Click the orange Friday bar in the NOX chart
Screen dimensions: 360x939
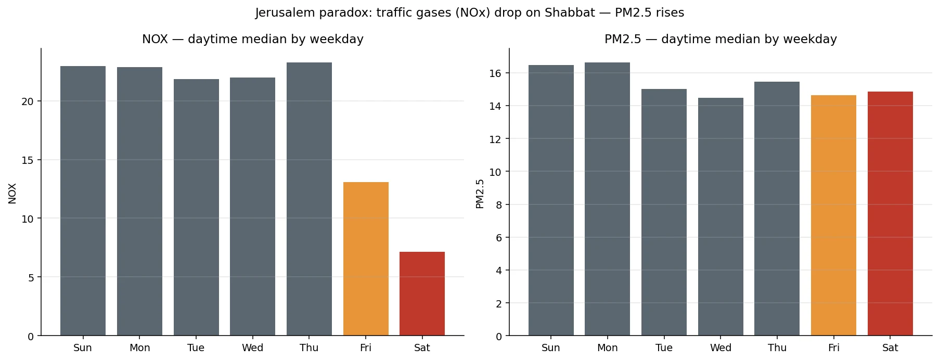366,259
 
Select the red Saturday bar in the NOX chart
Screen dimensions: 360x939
422,293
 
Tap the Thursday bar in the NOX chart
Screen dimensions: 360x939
309,199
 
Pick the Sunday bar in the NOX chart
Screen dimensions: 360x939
83,201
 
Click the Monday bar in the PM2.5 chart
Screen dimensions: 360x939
607,199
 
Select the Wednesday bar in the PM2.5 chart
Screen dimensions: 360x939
721,216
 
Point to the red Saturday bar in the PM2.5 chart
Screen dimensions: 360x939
890,213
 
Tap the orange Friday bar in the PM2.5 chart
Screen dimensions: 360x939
833,215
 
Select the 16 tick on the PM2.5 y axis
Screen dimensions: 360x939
495,73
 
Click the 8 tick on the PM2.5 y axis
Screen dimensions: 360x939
498,205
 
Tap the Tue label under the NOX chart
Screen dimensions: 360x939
196,348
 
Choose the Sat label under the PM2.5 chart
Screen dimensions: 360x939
890,348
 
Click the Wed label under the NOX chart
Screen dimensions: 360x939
252,348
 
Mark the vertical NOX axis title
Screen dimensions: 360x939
12,193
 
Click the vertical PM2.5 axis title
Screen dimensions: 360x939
480,194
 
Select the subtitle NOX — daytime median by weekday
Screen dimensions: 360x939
253,39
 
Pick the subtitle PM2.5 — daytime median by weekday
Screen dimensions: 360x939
721,39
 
